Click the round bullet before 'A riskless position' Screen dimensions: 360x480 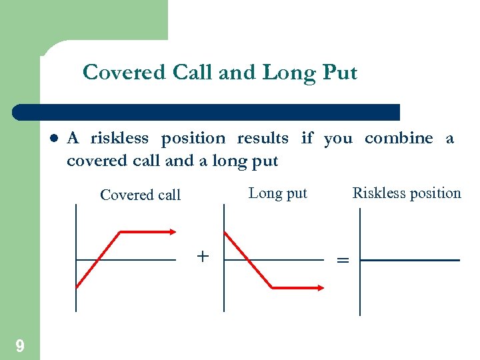(54, 139)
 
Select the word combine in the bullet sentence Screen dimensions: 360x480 (399, 139)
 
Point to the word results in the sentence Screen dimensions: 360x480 (263, 139)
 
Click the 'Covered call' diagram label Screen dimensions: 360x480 (140, 195)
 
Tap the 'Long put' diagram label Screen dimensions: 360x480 (277, 193)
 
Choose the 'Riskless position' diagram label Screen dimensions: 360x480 (407, 193)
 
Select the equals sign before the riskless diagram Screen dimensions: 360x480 (343, 261)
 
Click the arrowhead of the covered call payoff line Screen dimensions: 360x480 (173, 232)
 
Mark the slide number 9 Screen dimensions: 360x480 (20, 345)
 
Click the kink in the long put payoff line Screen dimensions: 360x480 (272, 288)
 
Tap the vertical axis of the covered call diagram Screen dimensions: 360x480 (76, 267)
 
